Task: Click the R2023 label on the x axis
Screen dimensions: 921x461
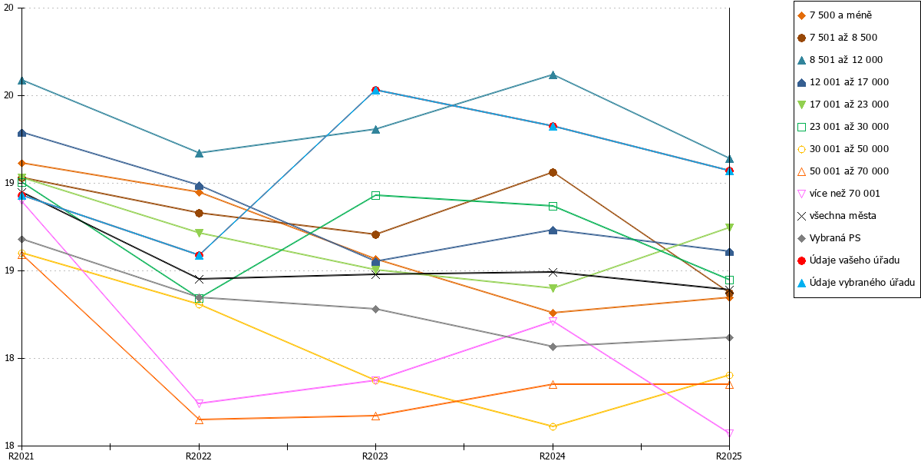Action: [375, 456]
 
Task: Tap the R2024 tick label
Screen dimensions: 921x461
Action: [552, 456]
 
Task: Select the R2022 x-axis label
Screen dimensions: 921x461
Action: [199, 456]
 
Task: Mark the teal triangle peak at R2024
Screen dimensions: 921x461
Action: [553, 75]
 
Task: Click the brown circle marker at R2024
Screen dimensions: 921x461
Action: [553, 172]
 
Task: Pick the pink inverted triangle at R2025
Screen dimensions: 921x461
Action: [729, 433]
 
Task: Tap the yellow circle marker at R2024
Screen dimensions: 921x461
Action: [553, 427]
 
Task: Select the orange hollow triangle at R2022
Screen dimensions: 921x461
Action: [199, 420]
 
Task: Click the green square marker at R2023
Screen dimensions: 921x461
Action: [375, 195]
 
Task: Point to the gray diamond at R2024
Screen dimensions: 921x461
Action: [553, 347]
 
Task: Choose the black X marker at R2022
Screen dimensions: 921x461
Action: [199, 279]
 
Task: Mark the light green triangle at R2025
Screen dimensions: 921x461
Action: [729, 227]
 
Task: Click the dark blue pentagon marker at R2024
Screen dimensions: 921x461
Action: [553, 230]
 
